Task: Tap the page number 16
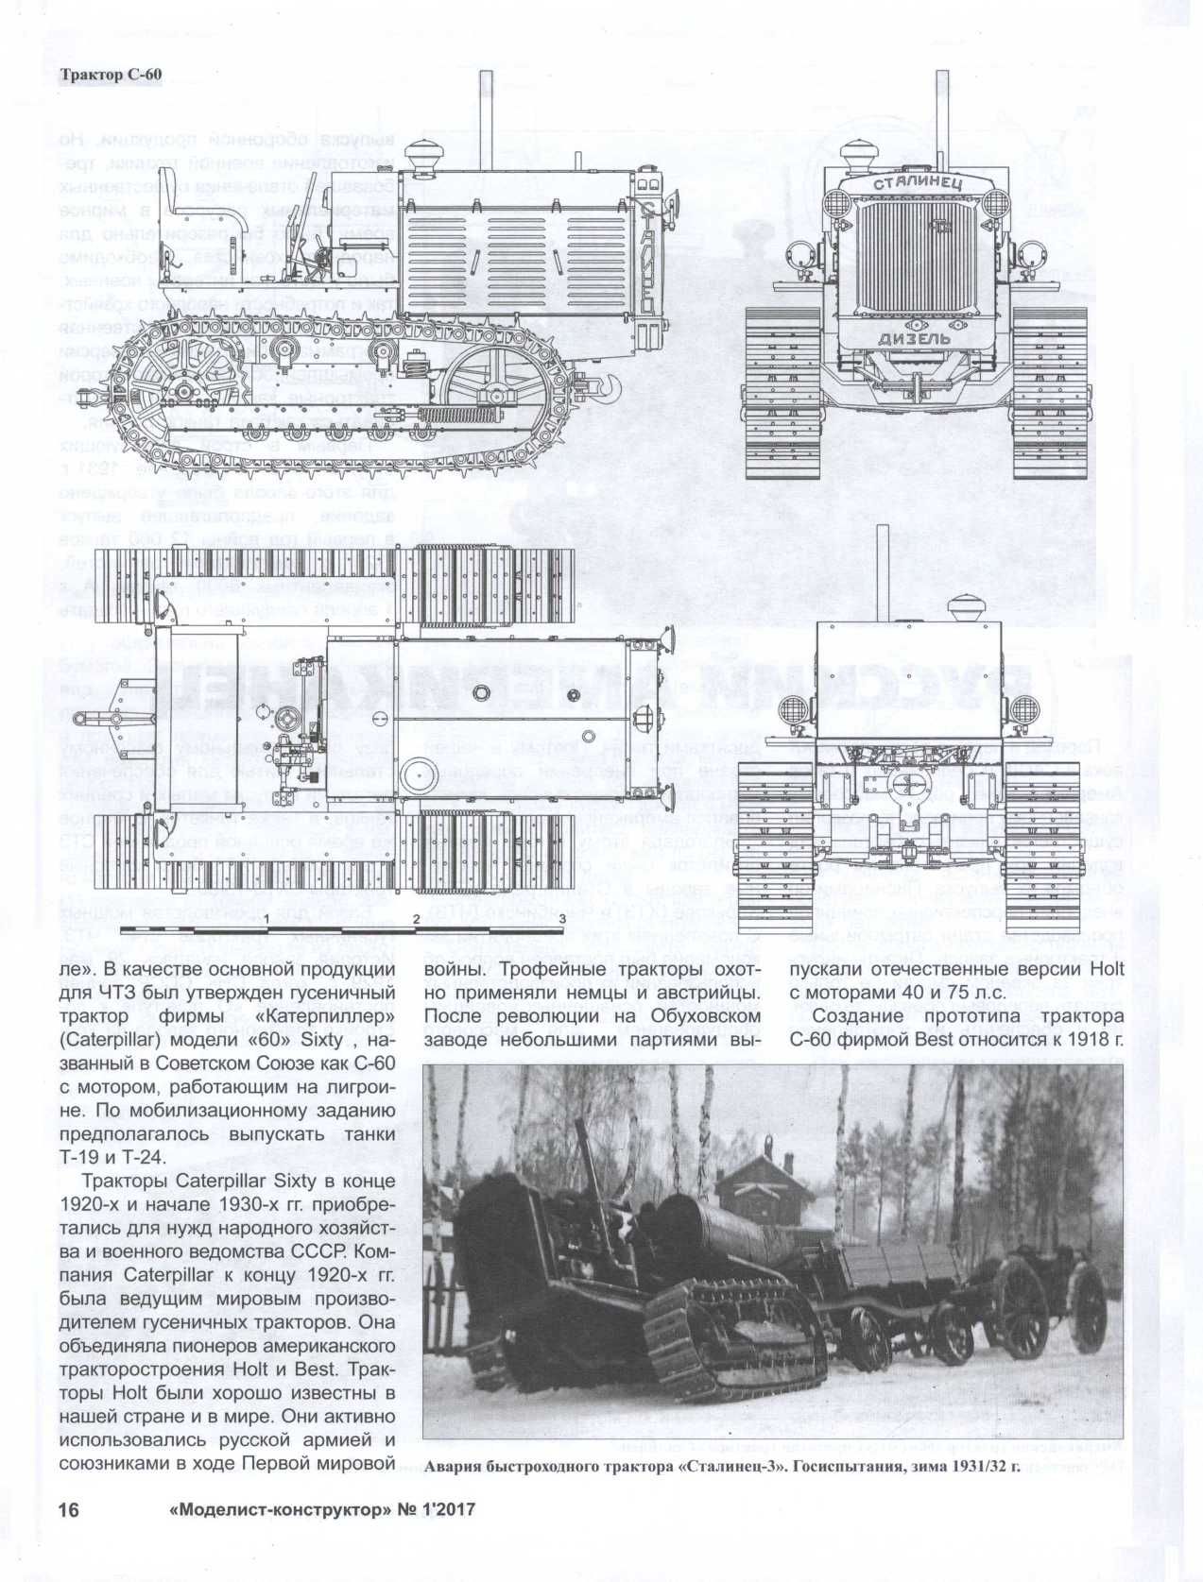tap(68, 1509)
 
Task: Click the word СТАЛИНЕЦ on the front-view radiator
tap(918, 183)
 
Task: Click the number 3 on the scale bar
tap(563, 917)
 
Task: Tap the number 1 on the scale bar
tap(268, 917)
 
